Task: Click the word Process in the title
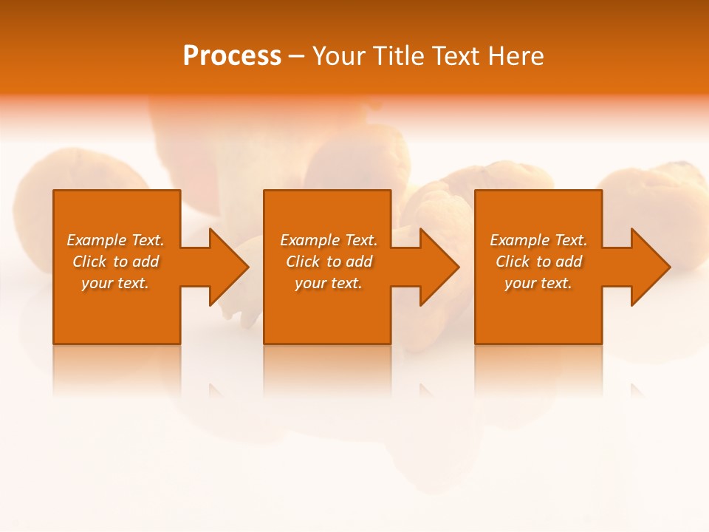click(x=232, y=56)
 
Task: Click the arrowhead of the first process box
click(x=227, y=267)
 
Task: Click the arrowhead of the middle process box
click(x=438, y=267)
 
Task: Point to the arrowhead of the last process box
click(x=649, y=267)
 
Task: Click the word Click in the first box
click(x=89, y=262)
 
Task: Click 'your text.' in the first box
click(x=115, y=283)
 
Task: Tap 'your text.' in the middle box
click(x=329, y=283)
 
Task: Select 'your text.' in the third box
click(x=538, y=283)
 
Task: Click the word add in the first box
click(x=145, y=262)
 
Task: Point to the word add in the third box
click(x=569, y=262)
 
